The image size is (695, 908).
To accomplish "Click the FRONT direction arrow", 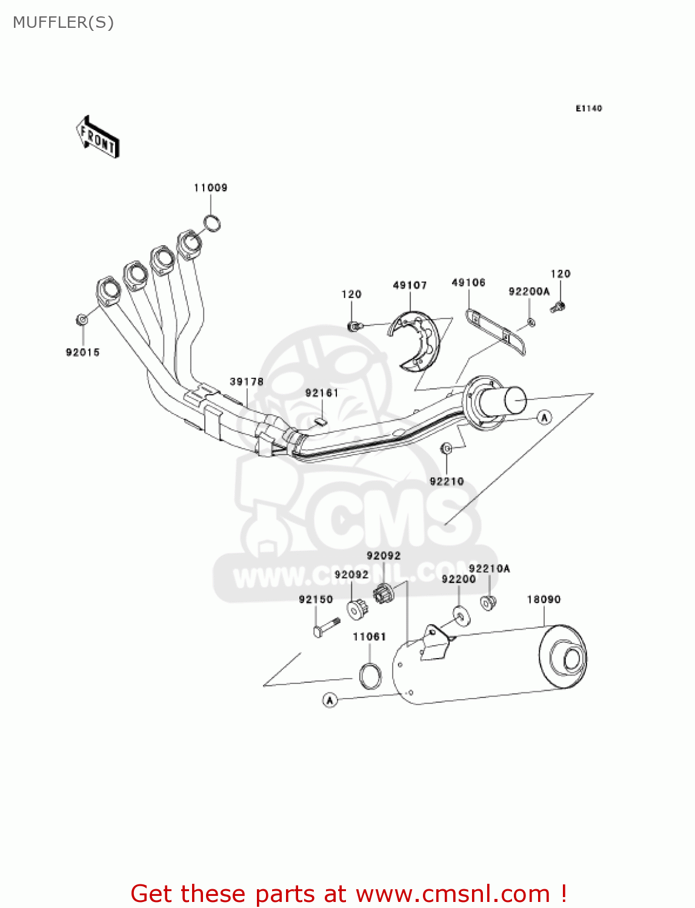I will (97, 137).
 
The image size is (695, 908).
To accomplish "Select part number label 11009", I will (210, 188).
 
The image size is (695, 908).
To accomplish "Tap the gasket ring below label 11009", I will (211, 224).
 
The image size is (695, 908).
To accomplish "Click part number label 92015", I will (82, 352).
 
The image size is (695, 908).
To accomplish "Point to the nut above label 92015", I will (81, 319).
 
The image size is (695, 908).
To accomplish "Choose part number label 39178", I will (247, 381).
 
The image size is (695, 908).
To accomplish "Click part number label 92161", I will (322, 393).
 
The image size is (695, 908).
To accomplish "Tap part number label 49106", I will (468, 283).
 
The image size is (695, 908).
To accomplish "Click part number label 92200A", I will (529, 292).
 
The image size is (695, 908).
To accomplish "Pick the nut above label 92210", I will (447, 449).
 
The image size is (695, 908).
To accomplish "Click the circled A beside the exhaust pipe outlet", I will (544, 417).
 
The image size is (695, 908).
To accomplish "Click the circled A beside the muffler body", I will (330, 700).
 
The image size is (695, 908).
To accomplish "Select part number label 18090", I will (544, 599).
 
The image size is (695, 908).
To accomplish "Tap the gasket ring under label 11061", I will (370, 676).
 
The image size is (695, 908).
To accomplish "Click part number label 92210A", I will (489, 568).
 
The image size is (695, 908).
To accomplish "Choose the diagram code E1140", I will (588, 108).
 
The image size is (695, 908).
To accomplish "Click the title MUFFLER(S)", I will (63, 22).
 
